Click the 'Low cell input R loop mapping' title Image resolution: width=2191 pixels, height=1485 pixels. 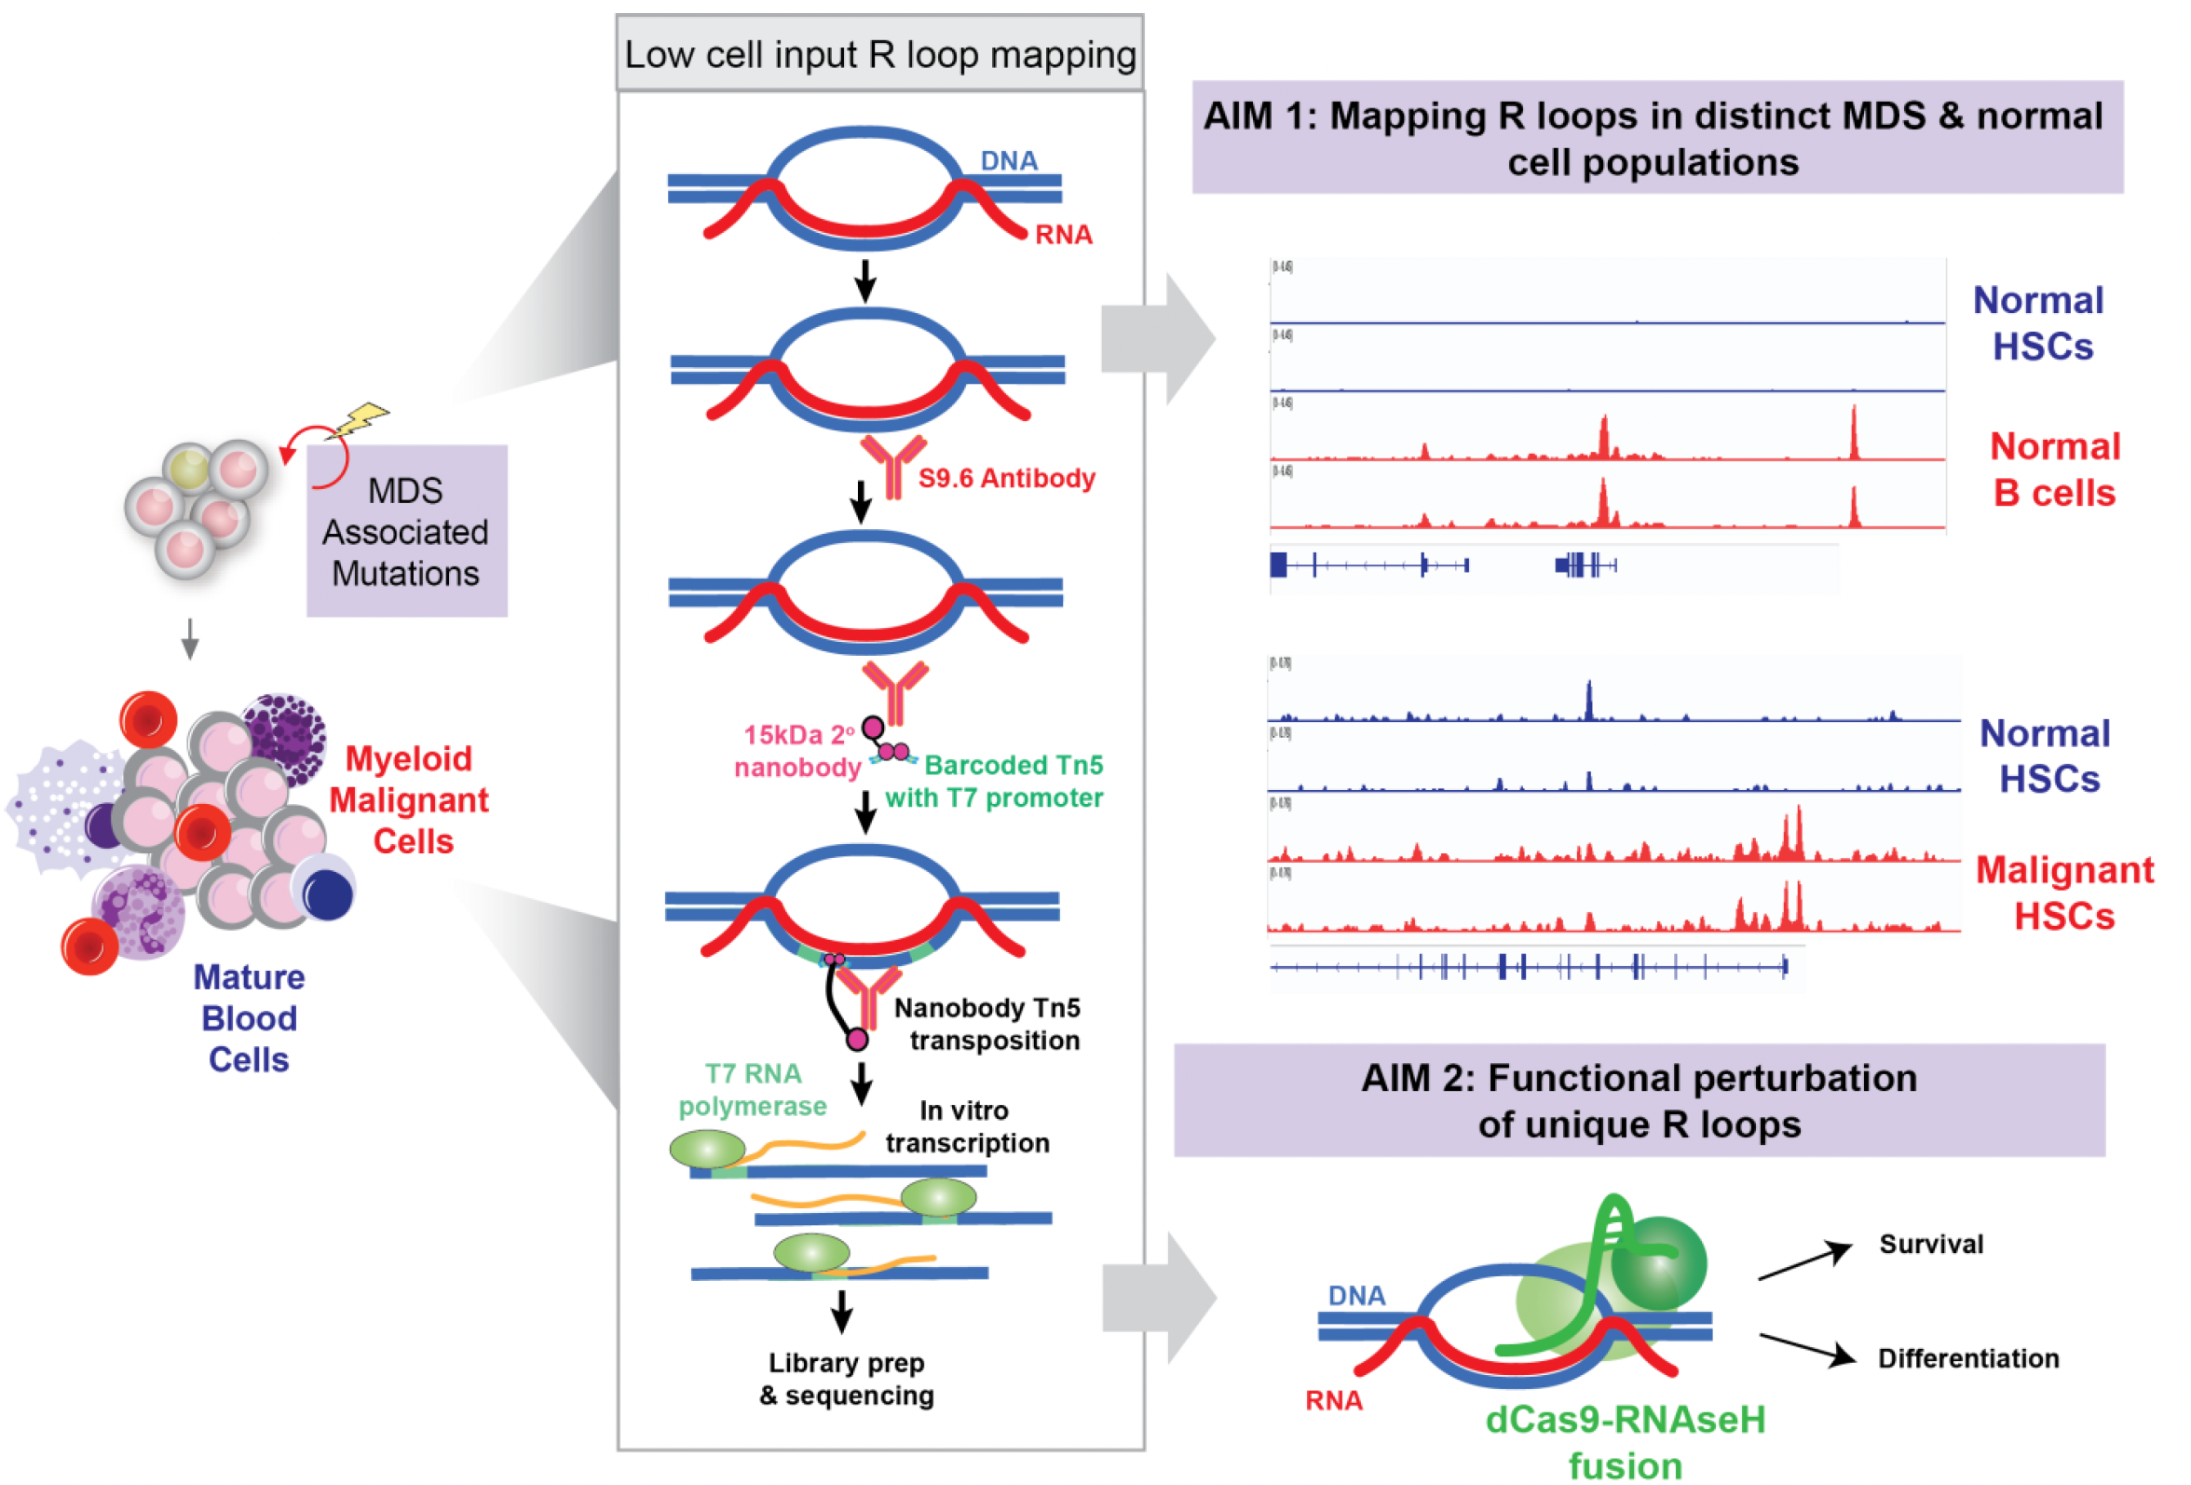pyautogui.click(x=878, y=55)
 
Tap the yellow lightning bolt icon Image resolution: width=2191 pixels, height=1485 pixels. pyautogui.click(x=362, y=419)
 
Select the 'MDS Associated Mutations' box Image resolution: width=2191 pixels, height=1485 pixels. pyautogui.click(x=406, y=532)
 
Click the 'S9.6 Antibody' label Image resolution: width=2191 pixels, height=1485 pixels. pyautogui.click(x=1006, y=478)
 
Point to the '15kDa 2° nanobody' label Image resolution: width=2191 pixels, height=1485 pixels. pyautogui.click(x=797, y=751)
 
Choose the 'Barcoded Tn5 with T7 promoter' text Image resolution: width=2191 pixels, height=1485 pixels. pyautogui.click(x=995, y=781)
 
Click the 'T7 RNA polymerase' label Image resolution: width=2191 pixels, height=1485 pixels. pyautogui.click(x=753, y=1089)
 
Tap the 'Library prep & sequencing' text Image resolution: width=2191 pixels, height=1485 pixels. pyautogui.click(x=846, y=1379)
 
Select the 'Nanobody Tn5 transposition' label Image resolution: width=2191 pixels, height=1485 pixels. pyautogui.click(x=988, y=1024)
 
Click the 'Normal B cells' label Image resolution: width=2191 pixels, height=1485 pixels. pyautogui.click(x=2054, y=470)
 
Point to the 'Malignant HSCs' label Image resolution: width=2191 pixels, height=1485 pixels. pyautogui.click(x=2063, y=892)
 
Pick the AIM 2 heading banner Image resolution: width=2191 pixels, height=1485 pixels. pyautogui.click(x=1639, y=1100)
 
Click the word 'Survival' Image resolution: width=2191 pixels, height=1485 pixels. pyautogui.click(x=1931, y=1244)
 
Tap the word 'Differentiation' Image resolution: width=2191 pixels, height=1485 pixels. pyautogui.click(x=1967, y=1357)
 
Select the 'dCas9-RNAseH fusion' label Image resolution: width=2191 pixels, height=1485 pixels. pyautogui.click(x=1625, y=1441)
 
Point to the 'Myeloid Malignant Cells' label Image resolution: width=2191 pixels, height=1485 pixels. pyautogui.click(x=408, y=799)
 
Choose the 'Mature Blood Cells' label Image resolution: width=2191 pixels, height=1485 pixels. pyautogui.click(x=249, y=1018)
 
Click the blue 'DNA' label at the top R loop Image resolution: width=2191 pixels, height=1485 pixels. pyautogui.click(x=1008, y=160)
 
